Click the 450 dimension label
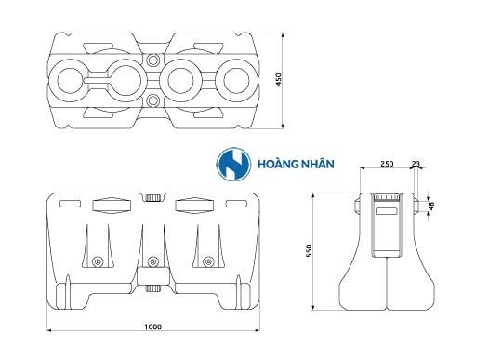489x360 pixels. [x=279, y=80]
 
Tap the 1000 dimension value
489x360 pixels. [x=152, y=327]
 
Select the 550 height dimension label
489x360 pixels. [x=309, y=251]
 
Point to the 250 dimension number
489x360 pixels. [x=387, y=164]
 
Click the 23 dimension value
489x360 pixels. [x=416, y=164]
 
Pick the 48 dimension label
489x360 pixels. [x=431, y=206]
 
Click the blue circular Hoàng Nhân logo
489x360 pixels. [x=233, y=164]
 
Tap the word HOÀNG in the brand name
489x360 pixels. [x=276, y=164]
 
